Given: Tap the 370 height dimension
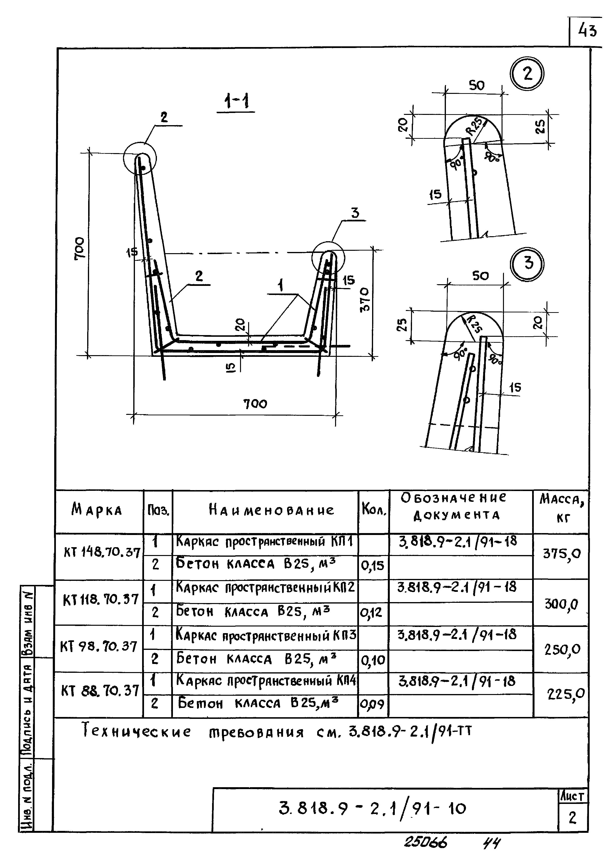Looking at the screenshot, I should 365,299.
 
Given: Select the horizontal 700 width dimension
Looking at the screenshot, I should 255,404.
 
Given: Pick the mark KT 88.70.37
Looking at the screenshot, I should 100,691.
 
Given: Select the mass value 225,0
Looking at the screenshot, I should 566,694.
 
